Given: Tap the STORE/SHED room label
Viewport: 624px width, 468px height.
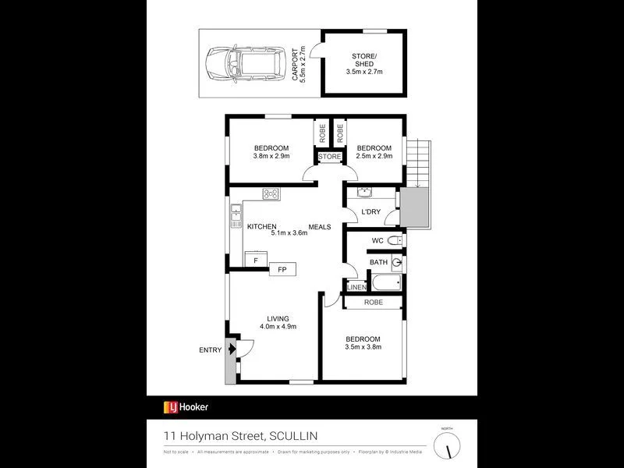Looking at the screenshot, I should coord(364,62).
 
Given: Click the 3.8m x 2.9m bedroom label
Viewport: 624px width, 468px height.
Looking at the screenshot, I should coord(271,152).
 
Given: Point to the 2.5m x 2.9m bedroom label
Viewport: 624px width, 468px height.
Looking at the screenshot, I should coord(374,152).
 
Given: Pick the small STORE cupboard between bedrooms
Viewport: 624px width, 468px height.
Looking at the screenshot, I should coord(330,157).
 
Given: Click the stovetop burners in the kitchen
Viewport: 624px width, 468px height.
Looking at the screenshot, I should coord(271,194).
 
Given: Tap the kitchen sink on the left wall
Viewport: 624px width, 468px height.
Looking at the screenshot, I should coord(236,214).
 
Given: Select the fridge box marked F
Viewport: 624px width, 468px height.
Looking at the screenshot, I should coord(255,260).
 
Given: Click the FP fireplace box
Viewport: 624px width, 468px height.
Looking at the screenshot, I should coord(281,270).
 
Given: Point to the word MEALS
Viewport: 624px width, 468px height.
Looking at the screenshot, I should coord(320,227).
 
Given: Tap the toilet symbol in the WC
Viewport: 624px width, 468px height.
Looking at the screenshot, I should coord(392,240).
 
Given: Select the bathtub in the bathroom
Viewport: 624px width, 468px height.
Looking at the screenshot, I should coord(386,283).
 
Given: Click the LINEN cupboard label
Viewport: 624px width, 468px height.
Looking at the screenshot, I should coord(356,288).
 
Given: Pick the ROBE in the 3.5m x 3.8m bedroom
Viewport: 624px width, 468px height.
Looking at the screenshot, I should coord(374,303).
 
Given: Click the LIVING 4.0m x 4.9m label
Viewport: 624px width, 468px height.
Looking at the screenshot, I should coord(278,322).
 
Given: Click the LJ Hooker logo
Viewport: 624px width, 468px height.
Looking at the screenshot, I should coord(186,406).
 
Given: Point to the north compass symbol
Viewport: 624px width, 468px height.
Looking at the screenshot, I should coord(447,445).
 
